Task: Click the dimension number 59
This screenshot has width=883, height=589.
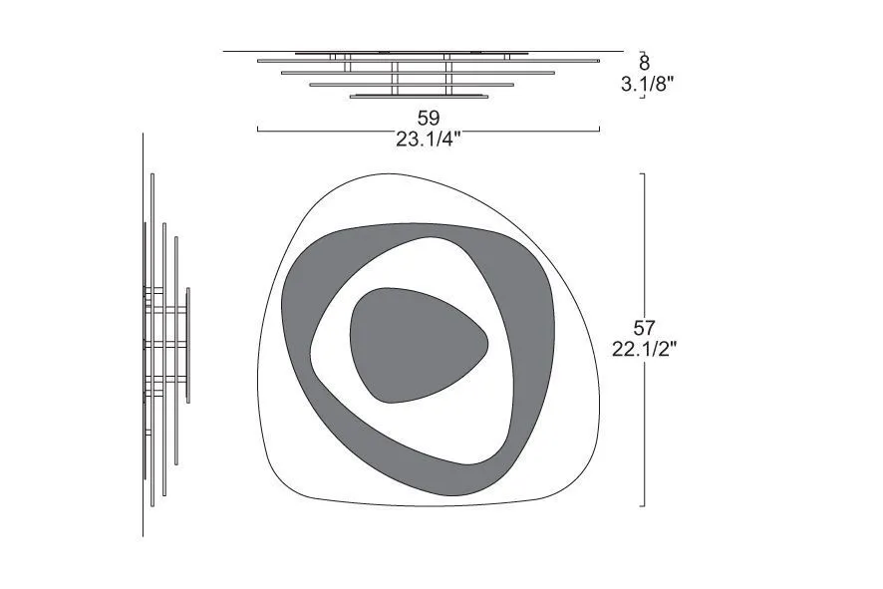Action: [428, 119]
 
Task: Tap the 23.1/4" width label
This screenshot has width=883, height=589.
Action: [428, 140]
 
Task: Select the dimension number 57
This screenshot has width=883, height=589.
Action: [644, 328]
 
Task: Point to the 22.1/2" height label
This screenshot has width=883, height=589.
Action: [644, 349]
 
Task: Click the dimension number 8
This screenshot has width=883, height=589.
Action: [644, 62]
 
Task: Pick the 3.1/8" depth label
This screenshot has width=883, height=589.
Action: [648, 84]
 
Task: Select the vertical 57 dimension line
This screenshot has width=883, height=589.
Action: [644, 340]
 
